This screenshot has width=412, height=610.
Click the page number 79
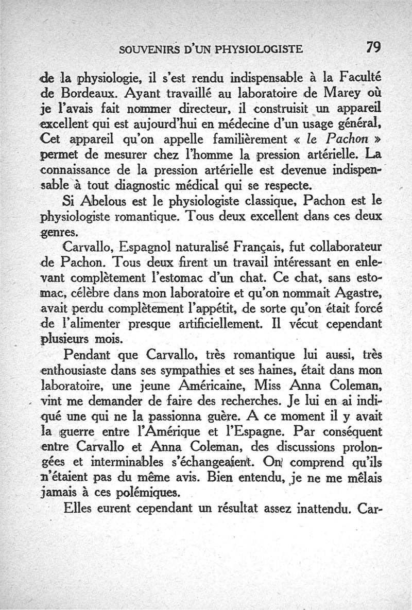pyautogui.click(x=373, y=47)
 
